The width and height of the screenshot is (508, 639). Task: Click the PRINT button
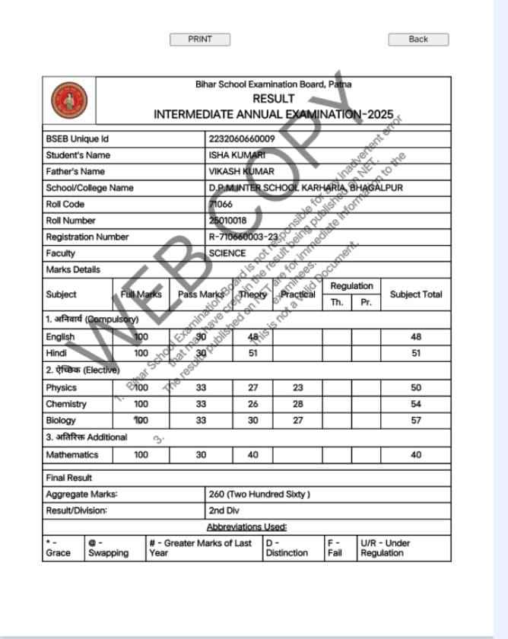tap(199, 40)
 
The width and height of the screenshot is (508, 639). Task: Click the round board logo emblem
tap(68, 100)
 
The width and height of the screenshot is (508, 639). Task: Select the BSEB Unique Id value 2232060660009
tap(242, 139)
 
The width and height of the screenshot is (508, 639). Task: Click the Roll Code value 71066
tap(221, 205)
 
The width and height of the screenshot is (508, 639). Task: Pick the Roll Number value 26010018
tap(227, 221)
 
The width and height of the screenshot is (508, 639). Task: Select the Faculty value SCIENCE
tap(227, 253)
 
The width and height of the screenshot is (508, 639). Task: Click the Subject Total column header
tap(415, 294)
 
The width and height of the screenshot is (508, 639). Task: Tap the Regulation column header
tap(351, 286)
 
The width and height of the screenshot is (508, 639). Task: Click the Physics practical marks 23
tap(297, 388)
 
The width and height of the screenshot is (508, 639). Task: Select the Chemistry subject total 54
tap(415, 404)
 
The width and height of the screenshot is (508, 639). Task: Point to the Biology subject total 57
tap(415, 420)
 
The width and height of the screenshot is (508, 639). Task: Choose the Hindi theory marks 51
tap(253, 353)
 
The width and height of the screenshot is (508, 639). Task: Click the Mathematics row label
tap(71, 455)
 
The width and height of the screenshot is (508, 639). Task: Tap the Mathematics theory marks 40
tap(253, 455)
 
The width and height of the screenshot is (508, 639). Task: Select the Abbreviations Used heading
tap(246, 526)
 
